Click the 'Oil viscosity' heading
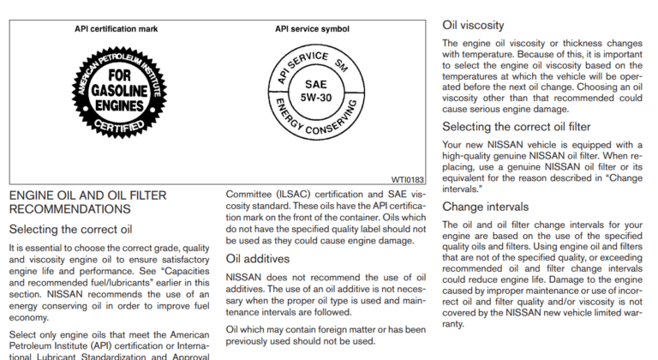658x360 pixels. tap(473, 26)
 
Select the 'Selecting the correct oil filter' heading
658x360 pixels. tap(517, 127)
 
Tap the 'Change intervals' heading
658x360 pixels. tap(487, 207)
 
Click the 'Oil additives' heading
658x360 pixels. tap(258, 258)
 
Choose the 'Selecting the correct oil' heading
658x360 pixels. tap(70, 229)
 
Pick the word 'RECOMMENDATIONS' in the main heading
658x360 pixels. tap(69, 209)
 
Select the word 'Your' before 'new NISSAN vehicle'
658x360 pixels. tap(454, 145)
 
